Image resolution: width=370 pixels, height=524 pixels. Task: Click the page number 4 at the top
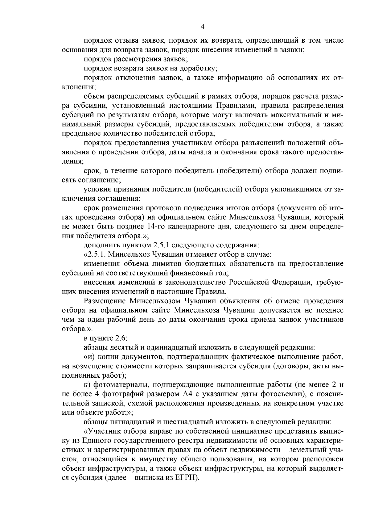click(203, 27)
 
